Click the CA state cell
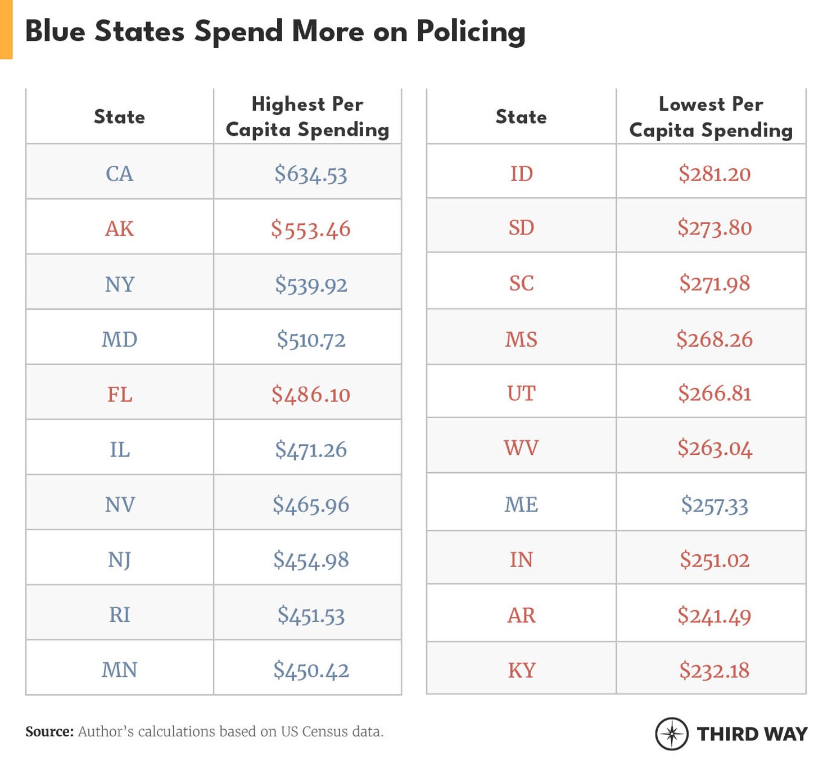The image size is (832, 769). [x=119, y=174]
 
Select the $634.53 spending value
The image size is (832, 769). [x=310, y=174]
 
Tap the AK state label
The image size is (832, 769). [x=119, y=229]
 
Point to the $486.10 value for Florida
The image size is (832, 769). [x=310, y=395]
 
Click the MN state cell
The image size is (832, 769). [x=119, y=670]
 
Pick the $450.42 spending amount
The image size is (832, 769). [x=310, y=670]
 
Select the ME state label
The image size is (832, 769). [x=521, y=504]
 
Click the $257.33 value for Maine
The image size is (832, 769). [x=714, y=504]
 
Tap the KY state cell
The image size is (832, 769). [x=521, y=670]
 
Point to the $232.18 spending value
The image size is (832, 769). [x=714, y=670]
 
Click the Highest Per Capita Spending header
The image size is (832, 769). [x=307, y=117]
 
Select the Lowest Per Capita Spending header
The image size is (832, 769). [x=711, y=117]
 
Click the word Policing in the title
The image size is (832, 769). [x=471, y=31]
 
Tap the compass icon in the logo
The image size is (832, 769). [x=671, y=734]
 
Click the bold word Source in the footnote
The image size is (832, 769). [x=49, y=731]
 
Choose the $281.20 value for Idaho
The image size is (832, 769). [x=714, y=174]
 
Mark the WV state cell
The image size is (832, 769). [x=521, y=448]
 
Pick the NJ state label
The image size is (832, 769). [x=119, y=559]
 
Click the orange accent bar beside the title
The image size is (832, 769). [x=6, y=29]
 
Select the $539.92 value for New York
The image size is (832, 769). [x=310, y=284]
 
